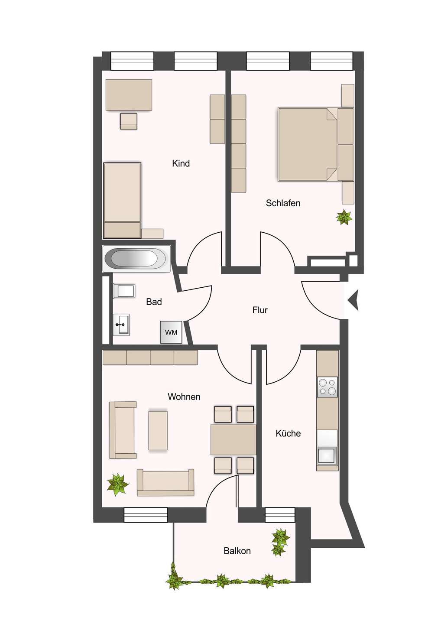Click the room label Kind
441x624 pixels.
click(x=181, y=163)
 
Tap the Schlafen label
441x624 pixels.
click(x=283, y=203)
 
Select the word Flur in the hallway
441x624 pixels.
click(x=260, y=310)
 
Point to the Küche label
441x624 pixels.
click(x=288, y=433)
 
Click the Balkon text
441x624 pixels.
click(x=237, y=551)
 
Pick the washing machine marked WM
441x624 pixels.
click(x=171, y=332)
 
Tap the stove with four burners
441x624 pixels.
click(x=327, y=387)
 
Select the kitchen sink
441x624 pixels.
click(x=327, y=455)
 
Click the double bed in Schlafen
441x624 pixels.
click(x=308, y=144)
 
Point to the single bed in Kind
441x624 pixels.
click(x=122, y=200)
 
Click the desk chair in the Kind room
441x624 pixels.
click(x=129, y=121)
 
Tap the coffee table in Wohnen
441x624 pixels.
click(x=158, y=430)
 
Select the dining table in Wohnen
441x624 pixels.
click(x=233, y=439)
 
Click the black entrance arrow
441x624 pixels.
click(x=354, y=299)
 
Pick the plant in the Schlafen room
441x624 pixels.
click(x=344, y=217)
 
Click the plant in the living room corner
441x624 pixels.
click(x=117, y=484)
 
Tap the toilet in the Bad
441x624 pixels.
click(x=124, y=291)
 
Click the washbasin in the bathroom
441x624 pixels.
click(x=121, y=325)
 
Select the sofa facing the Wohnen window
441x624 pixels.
click(x=165, y=482)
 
